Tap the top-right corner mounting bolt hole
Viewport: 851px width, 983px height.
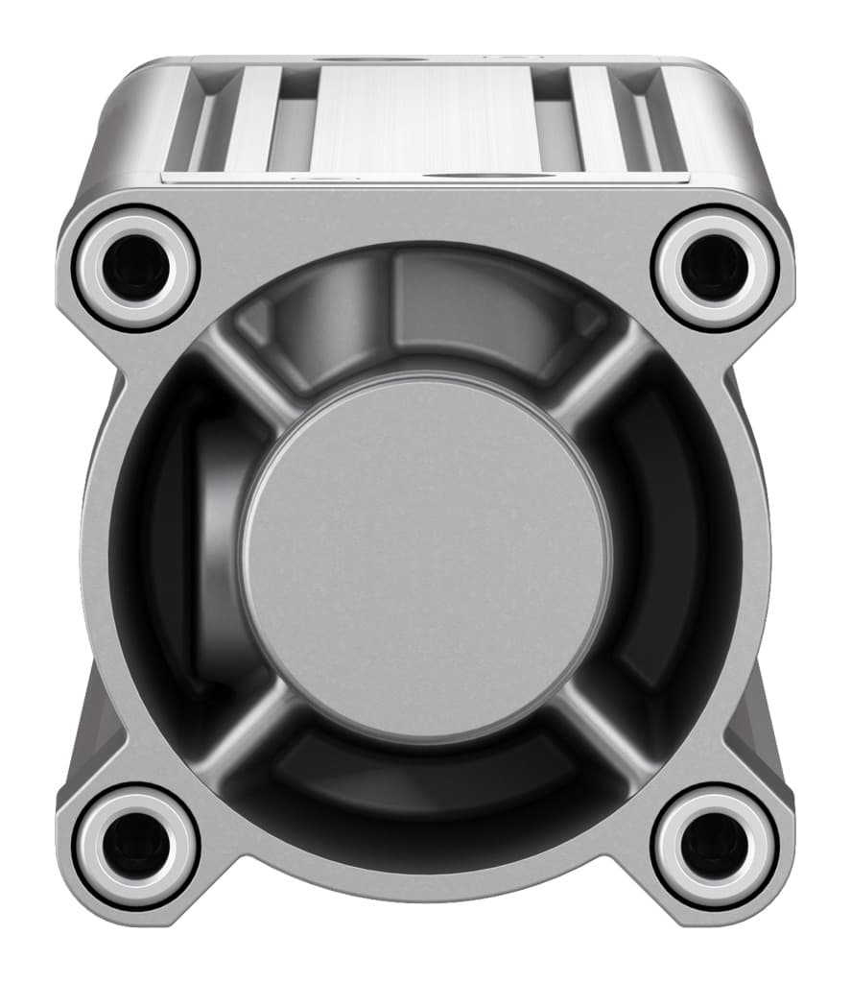click(714, 266)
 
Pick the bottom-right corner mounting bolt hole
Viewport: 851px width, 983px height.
click(714, 846)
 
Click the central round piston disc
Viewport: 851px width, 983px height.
click(425, 557)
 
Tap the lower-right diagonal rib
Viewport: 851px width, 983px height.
click(600, 730)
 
